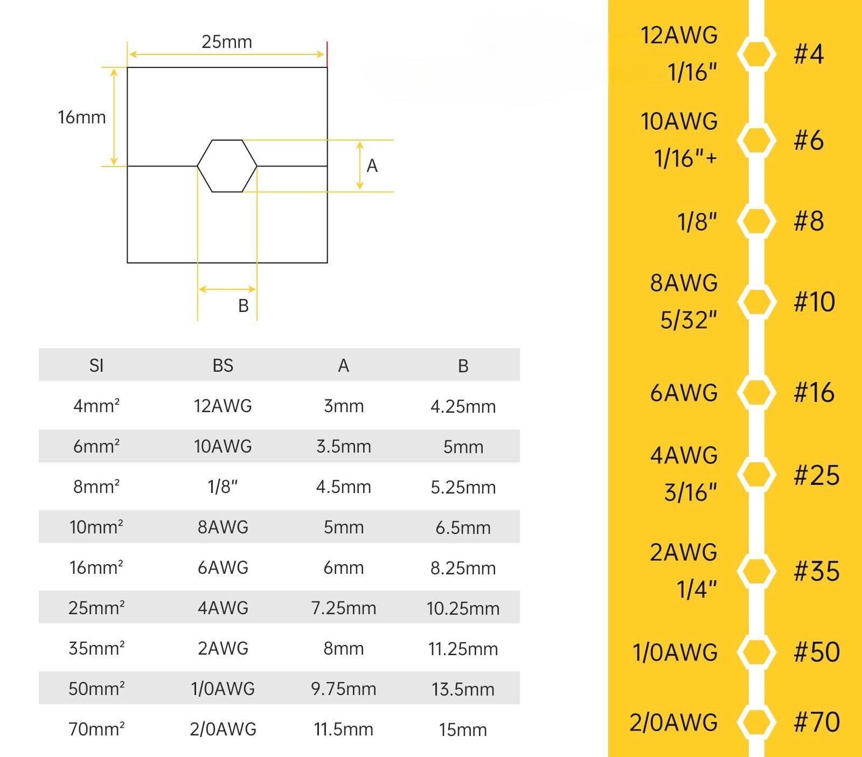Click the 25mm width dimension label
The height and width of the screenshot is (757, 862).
tap(226, 42)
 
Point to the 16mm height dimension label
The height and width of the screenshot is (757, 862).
tap(82, 117)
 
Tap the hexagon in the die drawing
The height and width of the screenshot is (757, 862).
tap(227, 166)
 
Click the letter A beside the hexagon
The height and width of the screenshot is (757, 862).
tap(372, 166)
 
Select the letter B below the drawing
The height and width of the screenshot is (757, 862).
tap(243, 306)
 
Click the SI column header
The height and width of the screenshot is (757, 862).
tap(96, 366)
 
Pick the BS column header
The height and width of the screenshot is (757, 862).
tap(223, 366)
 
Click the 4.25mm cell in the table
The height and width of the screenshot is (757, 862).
tap(463, 406)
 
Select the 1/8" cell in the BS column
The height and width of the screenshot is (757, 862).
tap(223, 487)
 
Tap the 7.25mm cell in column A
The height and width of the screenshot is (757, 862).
tap(343, 608)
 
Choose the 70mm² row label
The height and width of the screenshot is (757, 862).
tap(96, 729)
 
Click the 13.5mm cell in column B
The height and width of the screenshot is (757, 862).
tap(463, 689)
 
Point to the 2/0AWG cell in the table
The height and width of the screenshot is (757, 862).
tap(223, 729)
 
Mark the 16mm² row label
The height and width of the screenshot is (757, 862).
tap(96, 567)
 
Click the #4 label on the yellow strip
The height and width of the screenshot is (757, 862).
tap(809, 54)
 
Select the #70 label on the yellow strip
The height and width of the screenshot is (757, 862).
tap(816, 722)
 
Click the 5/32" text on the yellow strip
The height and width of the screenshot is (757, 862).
tap(689, 320)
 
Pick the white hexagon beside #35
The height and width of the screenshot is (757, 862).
tap(756, 571)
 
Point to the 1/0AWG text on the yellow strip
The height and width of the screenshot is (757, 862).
tap(675, 652)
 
